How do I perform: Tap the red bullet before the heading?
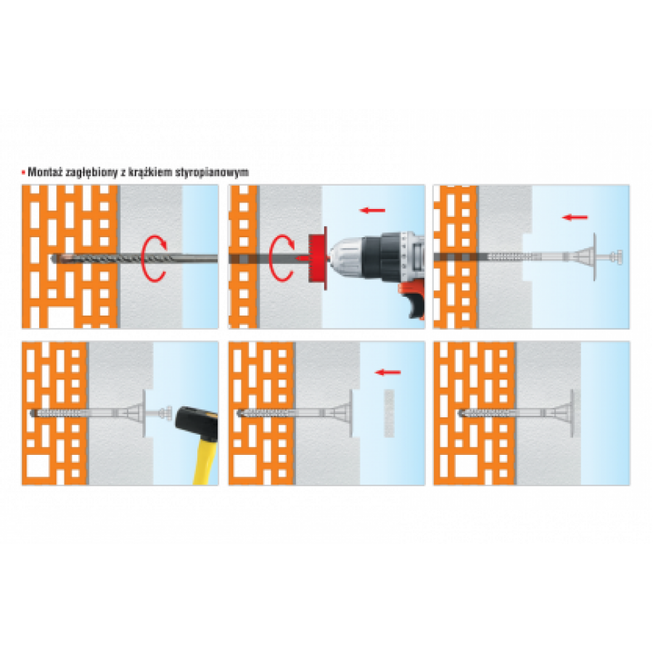click(23, 172)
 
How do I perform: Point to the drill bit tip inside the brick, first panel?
click(54, 258)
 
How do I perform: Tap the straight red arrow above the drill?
click(372, 210)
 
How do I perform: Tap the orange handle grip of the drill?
click(412, 300)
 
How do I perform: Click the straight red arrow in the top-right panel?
click(575, 217)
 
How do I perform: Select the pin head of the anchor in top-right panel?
click(616, 257)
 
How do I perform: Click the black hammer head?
click(196, 422)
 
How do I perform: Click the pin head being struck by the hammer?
click(168, 413)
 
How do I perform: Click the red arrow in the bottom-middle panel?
click(387, 372)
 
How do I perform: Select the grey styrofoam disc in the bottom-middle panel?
click(389, 413)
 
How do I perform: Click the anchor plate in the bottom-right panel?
click(567, 413)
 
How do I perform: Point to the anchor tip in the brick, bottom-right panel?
click(461, 414)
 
